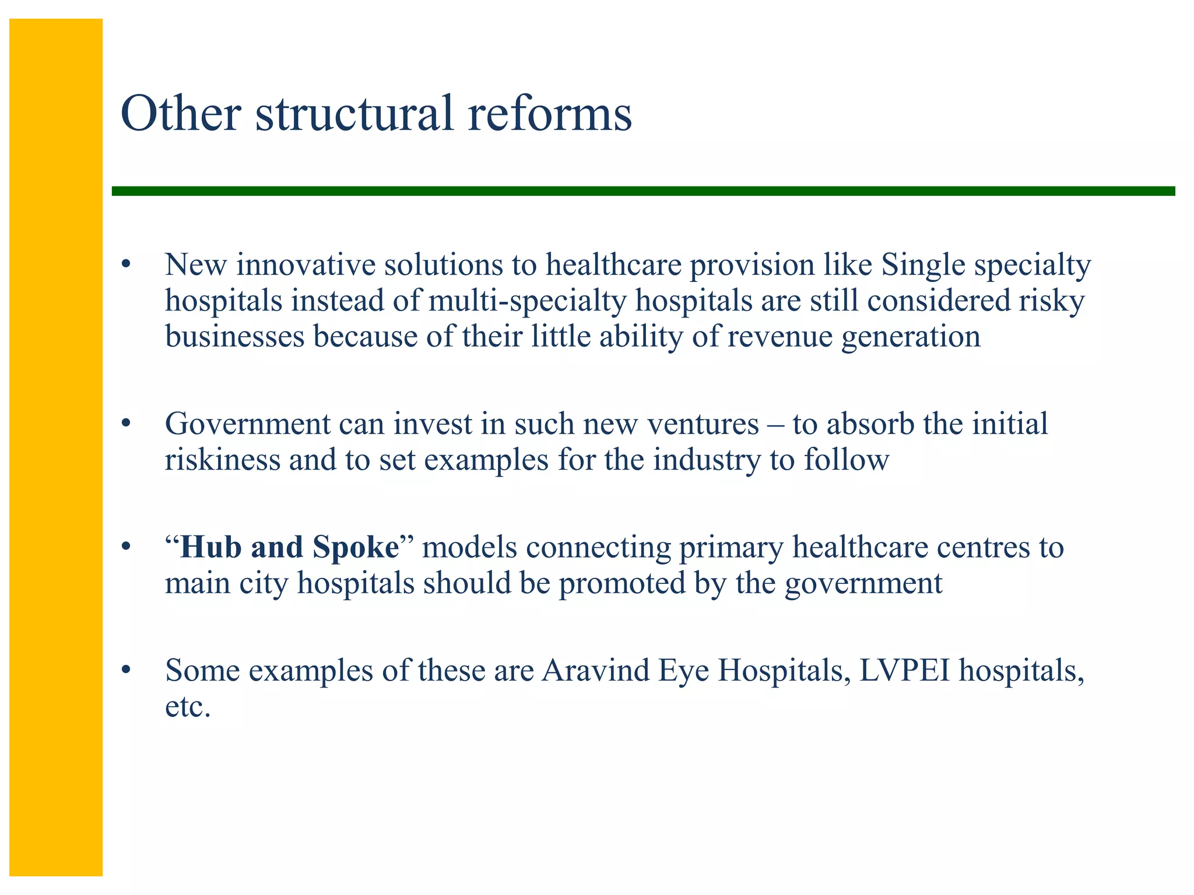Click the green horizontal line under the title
[x=641, y=191]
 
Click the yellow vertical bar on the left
[x=56, y=447]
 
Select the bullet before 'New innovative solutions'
[x=125, y=266]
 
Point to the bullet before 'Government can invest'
[x=125, y=424]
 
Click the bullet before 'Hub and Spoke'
[x=125, y=548]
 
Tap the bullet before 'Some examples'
[x=125, y=671]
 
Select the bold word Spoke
[x=355, y=547]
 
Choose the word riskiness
[x=222, y=460]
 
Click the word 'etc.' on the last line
[x=187, y=707]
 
